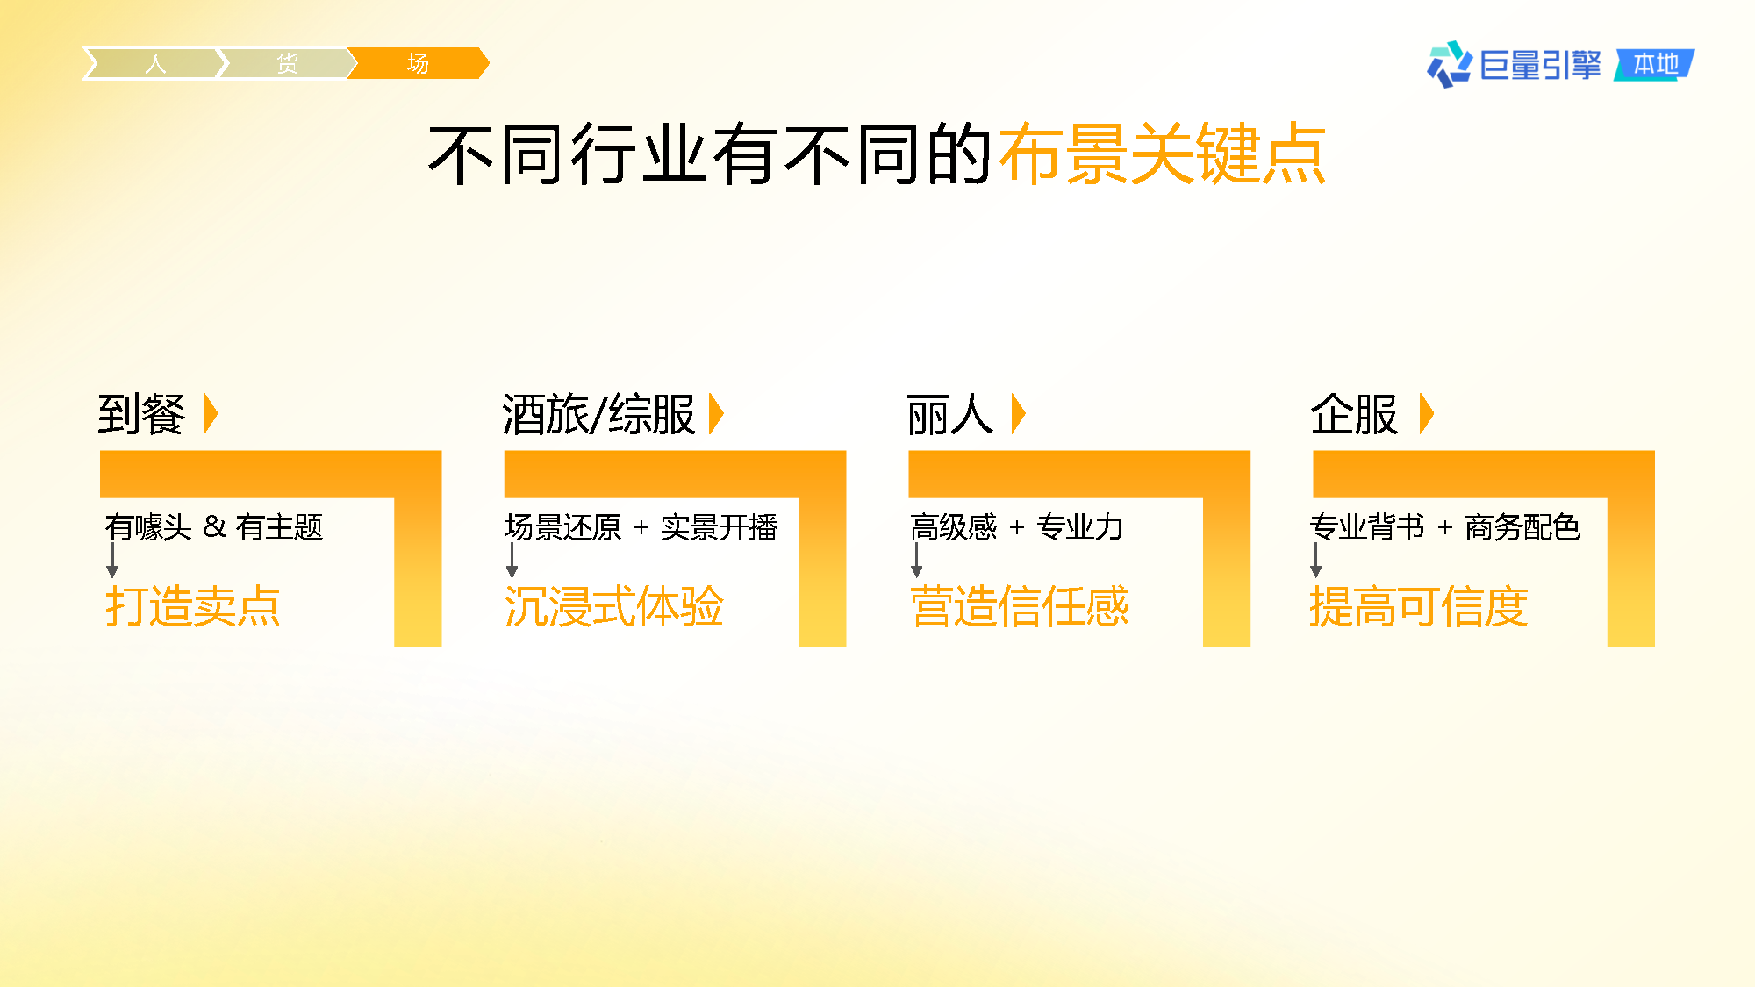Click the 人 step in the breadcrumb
154,63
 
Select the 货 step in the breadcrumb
287,63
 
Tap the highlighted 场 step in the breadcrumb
418,63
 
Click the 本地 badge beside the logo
1655,64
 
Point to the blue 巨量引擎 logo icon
1450,64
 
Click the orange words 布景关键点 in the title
1162,154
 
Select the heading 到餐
141,414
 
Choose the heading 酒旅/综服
598,414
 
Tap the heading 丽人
950,414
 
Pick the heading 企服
1354,414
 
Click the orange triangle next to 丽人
1019,414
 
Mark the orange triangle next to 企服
1427,414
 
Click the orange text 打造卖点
192,606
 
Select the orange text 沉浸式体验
613,606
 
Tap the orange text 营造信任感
1020,606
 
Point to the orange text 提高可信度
1419,606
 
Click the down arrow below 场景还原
512,560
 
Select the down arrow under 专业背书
1316,560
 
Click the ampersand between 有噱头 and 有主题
214,526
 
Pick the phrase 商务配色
1522,526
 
